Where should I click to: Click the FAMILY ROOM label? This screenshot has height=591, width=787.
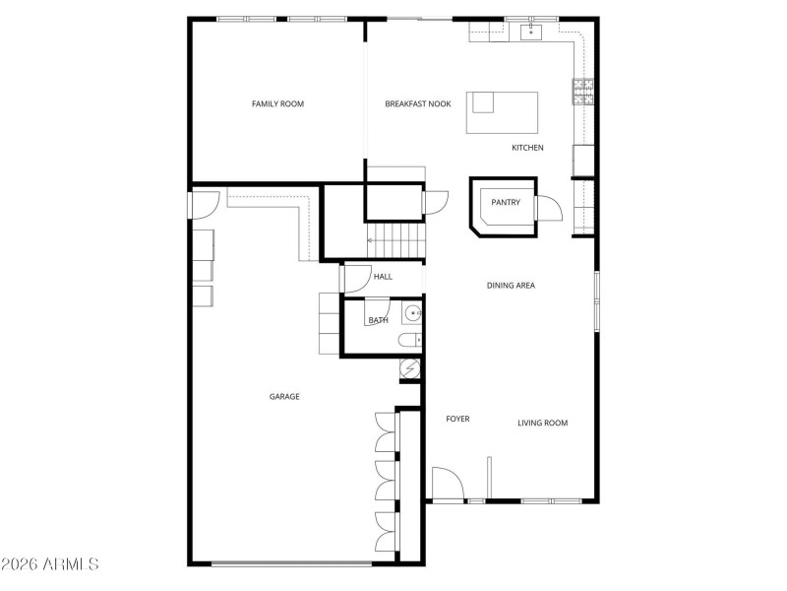click(276, 103)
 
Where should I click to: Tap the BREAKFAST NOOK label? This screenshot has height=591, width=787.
click(418, 103)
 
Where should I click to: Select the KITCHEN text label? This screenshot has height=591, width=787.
click(527, 148)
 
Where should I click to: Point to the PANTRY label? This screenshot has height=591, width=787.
click(506, 203)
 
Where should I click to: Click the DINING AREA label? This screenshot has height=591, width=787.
click(511, 286)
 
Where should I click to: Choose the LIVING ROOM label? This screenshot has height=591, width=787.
click(543, 423)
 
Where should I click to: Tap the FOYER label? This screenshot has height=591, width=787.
click(457, 419)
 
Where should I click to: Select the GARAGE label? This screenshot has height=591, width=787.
click(284, 396)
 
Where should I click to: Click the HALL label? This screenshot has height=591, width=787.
click(383, 277)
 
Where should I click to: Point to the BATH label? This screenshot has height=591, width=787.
click(378, 320)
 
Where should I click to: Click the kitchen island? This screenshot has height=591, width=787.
click(503, 112)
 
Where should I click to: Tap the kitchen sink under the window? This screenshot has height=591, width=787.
click(530, 33)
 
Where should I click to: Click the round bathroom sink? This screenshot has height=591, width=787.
click(413, 314)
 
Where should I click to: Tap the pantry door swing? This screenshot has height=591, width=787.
click(549, 209)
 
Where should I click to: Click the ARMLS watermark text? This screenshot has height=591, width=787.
click(51, 564)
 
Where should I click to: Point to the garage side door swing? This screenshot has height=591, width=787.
click(206, 205)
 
